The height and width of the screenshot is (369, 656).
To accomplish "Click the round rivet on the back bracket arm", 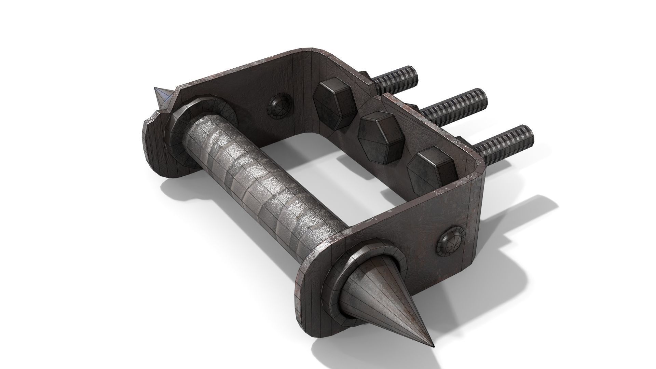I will click(x=279, y=107).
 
